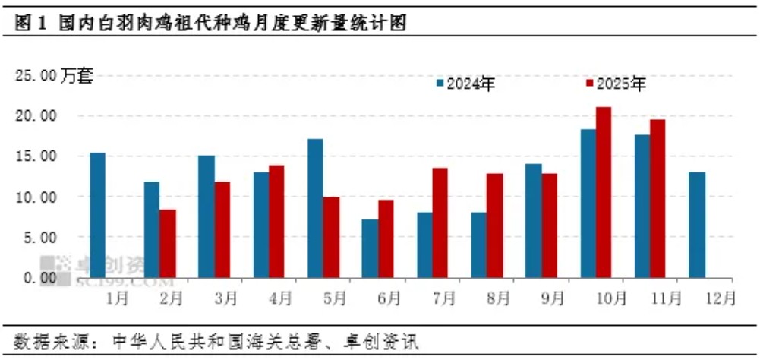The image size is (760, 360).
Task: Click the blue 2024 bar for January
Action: (x=98, y=215)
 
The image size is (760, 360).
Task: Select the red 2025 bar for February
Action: (x=168, y=243)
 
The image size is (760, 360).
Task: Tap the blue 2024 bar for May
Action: (x=315, y=208)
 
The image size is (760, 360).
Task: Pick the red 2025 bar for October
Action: (x=604, y=192)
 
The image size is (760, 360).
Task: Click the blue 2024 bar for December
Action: (x=697, y=225)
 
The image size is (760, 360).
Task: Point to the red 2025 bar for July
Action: (x=440, y=223)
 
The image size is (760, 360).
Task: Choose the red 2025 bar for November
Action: (x=658, y=198)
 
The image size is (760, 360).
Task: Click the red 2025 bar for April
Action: (x=277, y=221)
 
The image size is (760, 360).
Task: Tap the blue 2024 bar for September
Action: (x=533, y=220)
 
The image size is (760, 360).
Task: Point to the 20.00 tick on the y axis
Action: (x=38, y=116)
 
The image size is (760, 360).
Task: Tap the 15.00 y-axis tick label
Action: (x=38, y=156)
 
